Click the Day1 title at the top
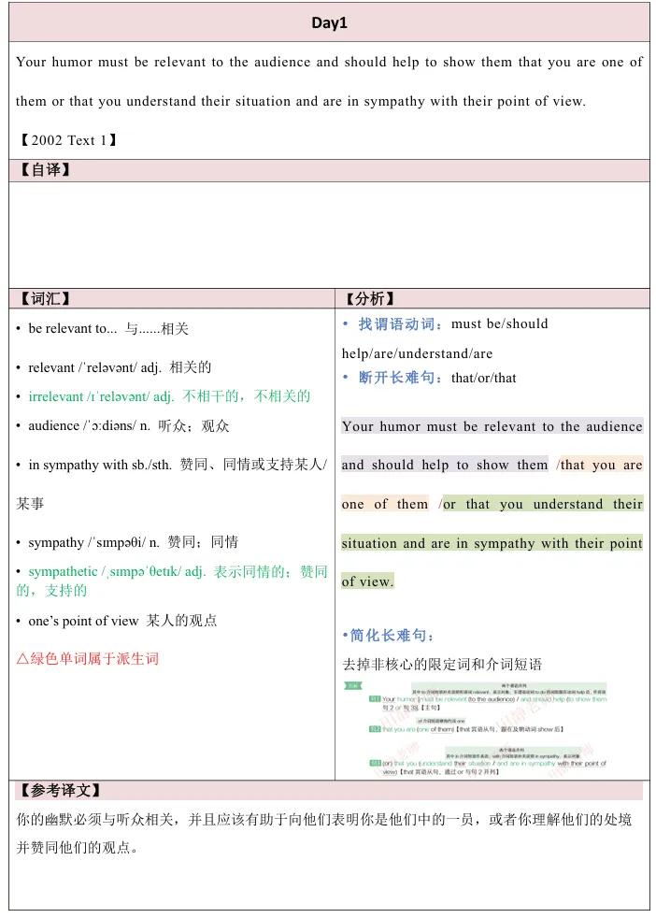(329, 23)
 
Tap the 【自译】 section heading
(45, 170)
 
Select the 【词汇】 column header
(45, 299)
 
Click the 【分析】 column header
(370, 299)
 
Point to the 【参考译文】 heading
(60, 791)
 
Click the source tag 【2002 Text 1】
(67, 140)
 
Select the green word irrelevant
(56, 396)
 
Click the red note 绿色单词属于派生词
(88, 658)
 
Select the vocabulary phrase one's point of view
(84, 621)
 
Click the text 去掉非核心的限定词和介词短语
(443, 666)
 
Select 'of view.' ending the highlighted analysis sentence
(367, 581)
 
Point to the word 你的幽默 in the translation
(41, 820)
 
